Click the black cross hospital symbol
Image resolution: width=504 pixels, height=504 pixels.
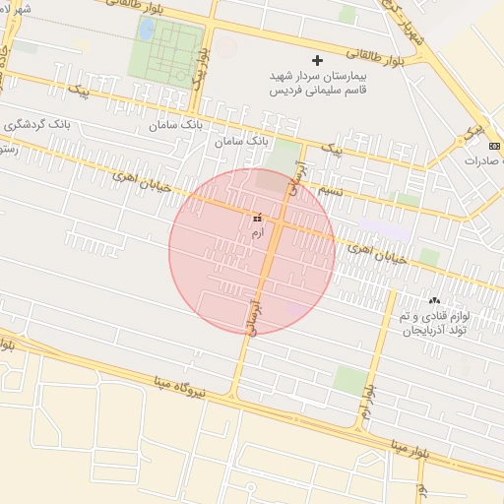317,60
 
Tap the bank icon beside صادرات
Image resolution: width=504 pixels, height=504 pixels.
494,146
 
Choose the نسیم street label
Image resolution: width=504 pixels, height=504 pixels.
334,187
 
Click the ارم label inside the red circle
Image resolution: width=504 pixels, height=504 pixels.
258,232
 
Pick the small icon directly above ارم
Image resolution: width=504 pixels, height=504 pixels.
258,218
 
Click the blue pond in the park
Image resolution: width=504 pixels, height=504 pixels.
147,30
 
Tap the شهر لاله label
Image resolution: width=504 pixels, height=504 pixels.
17,9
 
